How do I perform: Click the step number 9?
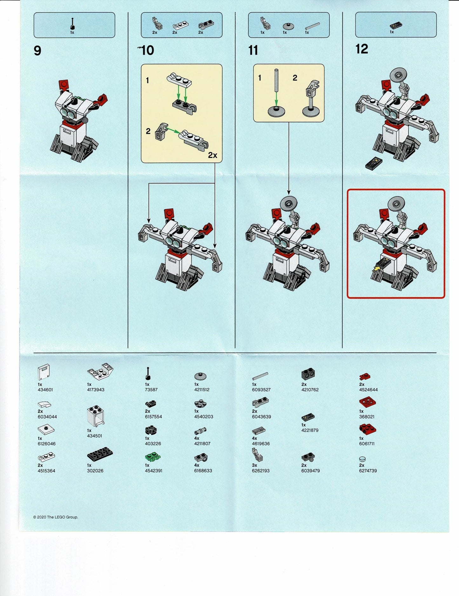click(x=37, y=51)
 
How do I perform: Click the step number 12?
click(x=362, y=49)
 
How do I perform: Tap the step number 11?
click(x=253, y=51)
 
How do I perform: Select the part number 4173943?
click(x=96, y=390)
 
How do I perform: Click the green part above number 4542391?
click(x=153, y=458)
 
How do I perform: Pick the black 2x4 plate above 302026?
click(x=100, y=455)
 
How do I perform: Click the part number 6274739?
click(x=368, y=471)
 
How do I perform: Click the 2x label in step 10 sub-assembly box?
click(x=213, y=155)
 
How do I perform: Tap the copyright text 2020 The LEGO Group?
click(x=56, y=517)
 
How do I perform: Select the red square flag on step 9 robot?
click(x=64, y=85)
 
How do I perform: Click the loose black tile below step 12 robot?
click(x=374, y=163)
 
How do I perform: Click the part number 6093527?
click(x=261, y=390)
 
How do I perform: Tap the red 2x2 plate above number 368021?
click(x=368, y=402)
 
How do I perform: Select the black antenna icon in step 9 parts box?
click(x=72, y=24)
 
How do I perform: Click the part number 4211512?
click(x=202, y=390)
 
